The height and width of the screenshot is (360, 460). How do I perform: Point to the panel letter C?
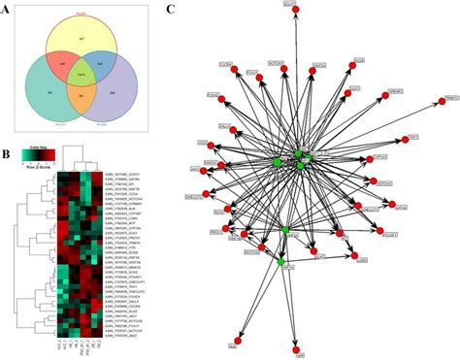(x=172, y=9)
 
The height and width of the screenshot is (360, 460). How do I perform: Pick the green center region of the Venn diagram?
(x=81, y=74)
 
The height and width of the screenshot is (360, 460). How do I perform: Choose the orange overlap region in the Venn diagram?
(x=82, y=94)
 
